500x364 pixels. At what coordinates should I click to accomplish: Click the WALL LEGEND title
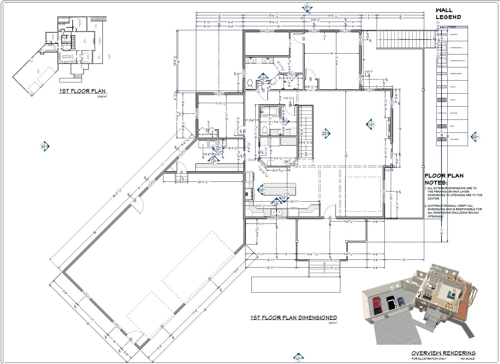click(448, 14)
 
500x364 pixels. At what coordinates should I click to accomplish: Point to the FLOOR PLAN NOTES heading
click(444, 179)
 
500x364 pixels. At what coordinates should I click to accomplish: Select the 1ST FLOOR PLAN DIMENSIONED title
click(293, 318)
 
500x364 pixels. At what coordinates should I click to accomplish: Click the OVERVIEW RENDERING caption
click(443, 353)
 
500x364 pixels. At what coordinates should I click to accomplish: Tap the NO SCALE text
click(467, 359)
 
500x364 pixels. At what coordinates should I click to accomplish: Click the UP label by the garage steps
click(183, 179)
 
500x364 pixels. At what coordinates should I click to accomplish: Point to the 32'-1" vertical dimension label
click(346, 154)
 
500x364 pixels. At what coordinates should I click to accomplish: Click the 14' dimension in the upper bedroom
click(331, 53)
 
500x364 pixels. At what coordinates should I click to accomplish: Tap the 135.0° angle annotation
click(287, 162)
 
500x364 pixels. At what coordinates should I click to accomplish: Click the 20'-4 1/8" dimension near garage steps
click(203, 182)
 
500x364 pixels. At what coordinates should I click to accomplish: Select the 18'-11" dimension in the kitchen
click(296, 202)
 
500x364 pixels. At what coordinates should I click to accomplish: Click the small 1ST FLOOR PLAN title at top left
click(82, 91)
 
